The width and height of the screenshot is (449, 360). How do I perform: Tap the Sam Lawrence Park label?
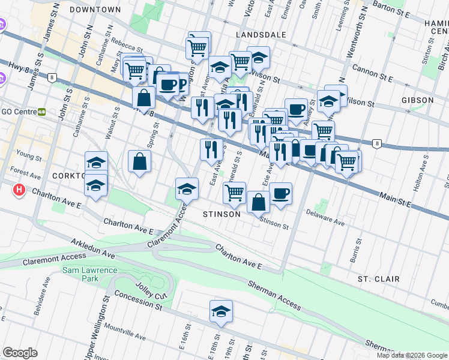(x=81, y=275)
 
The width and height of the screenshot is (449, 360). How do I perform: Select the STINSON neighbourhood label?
(x=221, y=214)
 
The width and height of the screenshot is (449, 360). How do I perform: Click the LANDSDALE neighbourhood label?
(x=261, y=35)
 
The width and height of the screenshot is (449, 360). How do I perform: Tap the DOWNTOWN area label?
(x=95, y=10)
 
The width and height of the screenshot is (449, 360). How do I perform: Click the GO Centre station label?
(x=24, y=112)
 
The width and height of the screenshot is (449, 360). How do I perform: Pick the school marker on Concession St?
(x=221, y=312)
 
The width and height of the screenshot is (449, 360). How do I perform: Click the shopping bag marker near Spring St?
(x=139, y=161)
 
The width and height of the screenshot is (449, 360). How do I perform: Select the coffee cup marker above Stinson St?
(x=280, y=193)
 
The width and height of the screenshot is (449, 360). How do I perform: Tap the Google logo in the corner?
(x=20, y=352)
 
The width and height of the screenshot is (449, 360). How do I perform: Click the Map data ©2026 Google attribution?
(x=412, y=355)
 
